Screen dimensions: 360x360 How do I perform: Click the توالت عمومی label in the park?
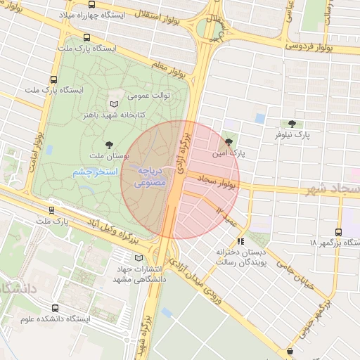coord(145,94)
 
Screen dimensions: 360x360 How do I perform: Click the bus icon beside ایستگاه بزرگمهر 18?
coord(340,231)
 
